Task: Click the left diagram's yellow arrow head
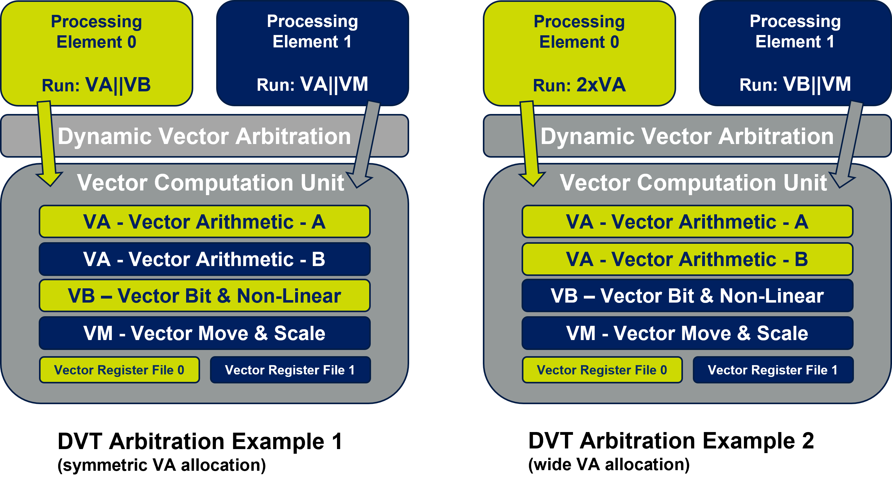(50, 178)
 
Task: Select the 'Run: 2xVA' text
(579, 85)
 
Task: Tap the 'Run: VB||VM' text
(795, 84)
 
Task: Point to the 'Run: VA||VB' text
(96, 85)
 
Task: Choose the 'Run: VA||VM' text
(312, 84)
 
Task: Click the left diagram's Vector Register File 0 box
(119, 370)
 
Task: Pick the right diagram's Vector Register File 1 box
(773, 370)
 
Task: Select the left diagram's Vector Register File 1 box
(290, 370)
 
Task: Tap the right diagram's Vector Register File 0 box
(602, 370)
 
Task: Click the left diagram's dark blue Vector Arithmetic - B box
(204, 259)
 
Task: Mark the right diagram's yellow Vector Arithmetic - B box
(687, 259)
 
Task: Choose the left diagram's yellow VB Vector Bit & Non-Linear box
(204, 296)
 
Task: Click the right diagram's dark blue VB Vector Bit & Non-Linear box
(687, 296)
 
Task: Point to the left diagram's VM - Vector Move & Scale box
(204, 333)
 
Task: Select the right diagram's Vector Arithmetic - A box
(687, 221)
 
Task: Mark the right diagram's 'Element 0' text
(579, 42)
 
